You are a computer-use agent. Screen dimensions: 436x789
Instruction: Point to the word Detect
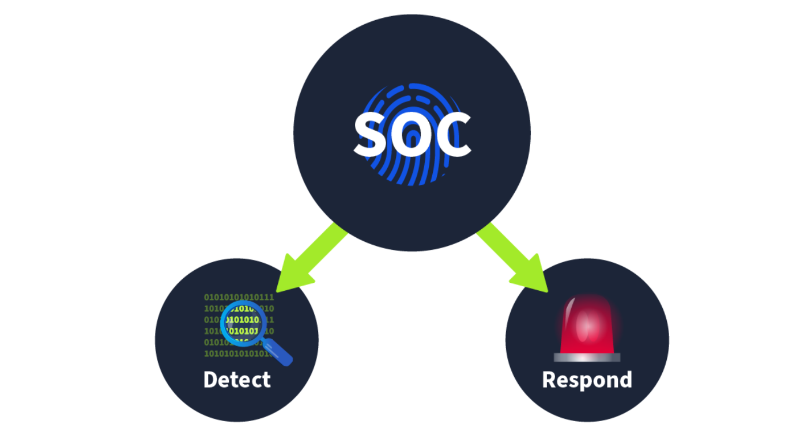237,380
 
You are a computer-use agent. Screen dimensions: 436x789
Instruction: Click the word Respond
587,380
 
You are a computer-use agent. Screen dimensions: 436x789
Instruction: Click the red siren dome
587,325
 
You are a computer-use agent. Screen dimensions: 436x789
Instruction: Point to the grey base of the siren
587,358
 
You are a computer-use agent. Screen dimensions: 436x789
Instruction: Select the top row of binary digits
239,297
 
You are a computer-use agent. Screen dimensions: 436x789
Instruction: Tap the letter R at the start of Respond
549,380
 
